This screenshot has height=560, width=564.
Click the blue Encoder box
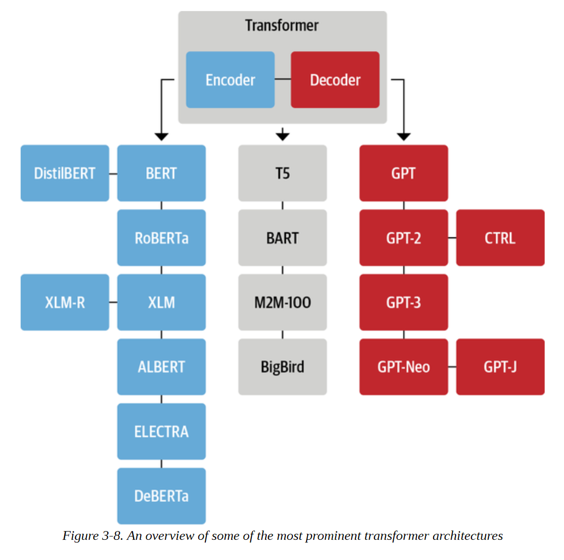click(230, 80)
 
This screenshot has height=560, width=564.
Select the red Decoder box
click(335, 80)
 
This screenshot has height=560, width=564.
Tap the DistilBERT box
click(65, 173)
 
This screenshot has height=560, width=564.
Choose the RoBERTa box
click(162, 238)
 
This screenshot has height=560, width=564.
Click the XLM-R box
click(65, 302)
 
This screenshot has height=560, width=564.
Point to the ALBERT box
click(162, 367)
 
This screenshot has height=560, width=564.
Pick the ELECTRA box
click(162, 431)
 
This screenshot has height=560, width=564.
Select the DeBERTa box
click(162, 496)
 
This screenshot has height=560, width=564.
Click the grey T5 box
click(283, 173)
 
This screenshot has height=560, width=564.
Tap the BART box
click(283, 238)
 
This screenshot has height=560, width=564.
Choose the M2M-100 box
click(283, 302)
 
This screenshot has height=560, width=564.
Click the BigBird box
click(283, 367)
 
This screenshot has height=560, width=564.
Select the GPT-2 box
click(404, 238)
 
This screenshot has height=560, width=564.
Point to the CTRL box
click(500, 238)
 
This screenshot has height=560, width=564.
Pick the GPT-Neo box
click(404, 367)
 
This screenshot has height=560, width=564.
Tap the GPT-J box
click(500, 367)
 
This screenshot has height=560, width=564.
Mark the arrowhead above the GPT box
click(404, 137)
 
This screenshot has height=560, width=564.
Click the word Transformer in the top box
click(282, 26)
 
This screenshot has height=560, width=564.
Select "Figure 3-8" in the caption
click(93, 536)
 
